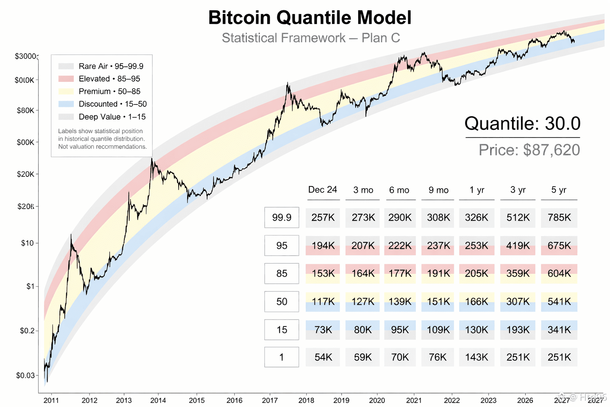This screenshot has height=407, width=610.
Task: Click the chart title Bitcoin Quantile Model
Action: [x=310, y=18]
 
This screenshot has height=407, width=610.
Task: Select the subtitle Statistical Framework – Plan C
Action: [x=311, y=38]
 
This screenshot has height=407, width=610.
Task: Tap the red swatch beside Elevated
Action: [x=66, y=79]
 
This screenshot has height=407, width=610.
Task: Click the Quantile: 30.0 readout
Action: [x=522, y=124]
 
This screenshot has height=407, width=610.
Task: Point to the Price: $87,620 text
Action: [x=529, y=150]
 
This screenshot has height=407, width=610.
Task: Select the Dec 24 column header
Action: [x=322, y=190]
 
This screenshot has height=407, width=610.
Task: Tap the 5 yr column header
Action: [x=559, y=190]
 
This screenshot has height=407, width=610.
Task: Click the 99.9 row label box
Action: [x=282, y=217]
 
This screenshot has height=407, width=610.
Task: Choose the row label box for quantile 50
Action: [x=282, y=302]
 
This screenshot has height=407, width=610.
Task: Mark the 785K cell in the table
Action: [x=559, y=217]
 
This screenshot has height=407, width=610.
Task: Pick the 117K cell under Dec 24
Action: [x=323, y=302]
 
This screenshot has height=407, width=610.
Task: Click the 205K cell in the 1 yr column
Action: [x=477, y=273]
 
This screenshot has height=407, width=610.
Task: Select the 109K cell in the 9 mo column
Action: [x=438, y=330]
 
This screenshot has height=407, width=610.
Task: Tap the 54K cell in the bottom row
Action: [x=323, y=357]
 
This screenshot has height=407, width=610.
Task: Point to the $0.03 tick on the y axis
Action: [x=27, y=376]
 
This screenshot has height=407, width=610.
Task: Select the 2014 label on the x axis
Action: [x=158, y=400]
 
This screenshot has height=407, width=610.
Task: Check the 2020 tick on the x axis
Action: [x=377, y=400]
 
